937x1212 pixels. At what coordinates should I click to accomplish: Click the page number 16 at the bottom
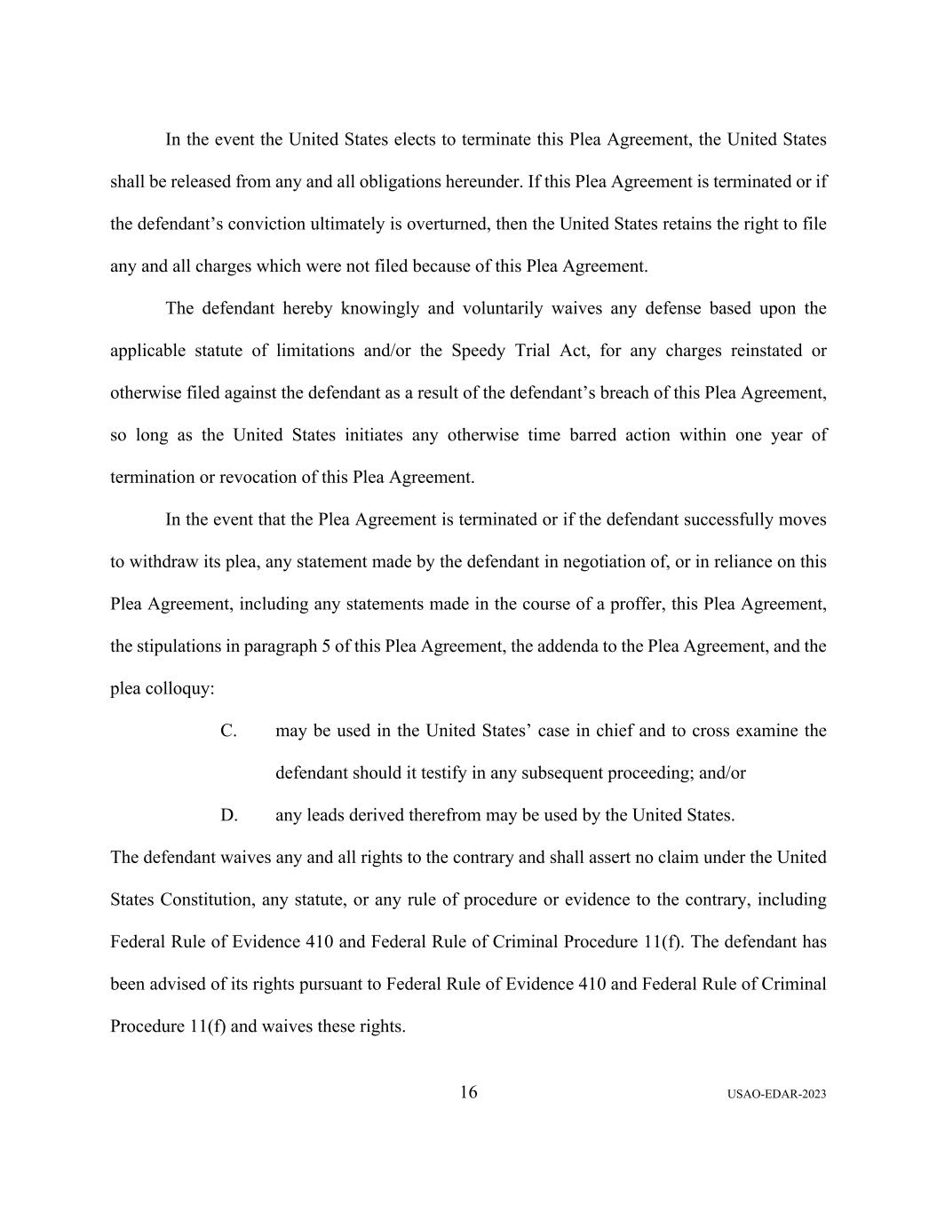468,1092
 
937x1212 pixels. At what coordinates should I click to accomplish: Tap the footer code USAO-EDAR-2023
775,1095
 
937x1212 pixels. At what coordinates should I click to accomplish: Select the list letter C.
228,731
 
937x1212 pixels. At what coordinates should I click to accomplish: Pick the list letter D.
229,815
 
